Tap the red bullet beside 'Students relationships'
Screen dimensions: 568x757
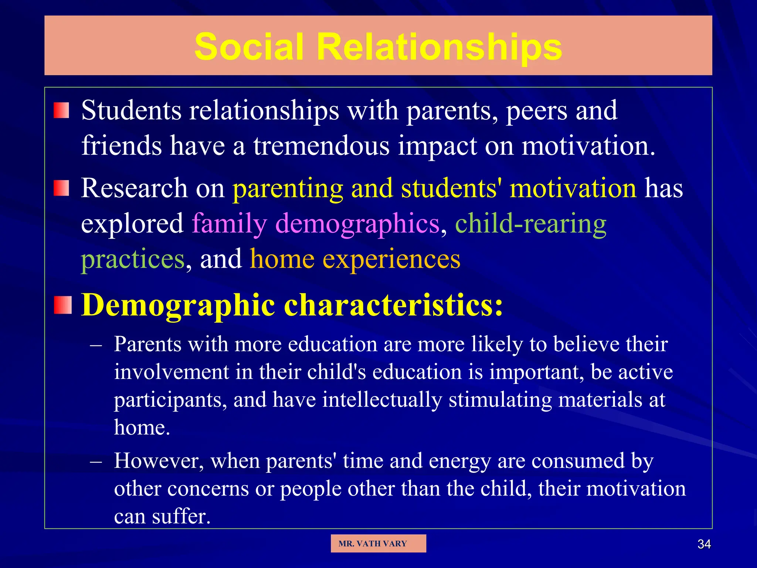pos(61,110)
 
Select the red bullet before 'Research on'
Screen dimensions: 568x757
pos(61,188)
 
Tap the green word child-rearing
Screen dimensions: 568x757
pos(530,223)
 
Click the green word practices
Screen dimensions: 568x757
pos(132,259)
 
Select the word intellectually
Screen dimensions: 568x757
pos(382,400)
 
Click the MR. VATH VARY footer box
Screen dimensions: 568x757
pos(378,543)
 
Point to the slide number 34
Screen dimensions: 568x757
pos(704,544)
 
